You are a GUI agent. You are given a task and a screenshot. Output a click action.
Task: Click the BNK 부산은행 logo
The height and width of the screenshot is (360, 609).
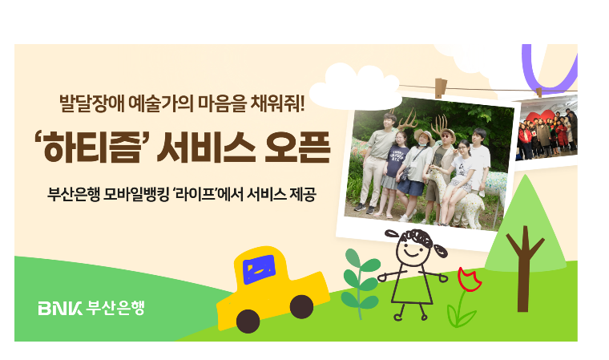pyautogui.click(x=91, y=308)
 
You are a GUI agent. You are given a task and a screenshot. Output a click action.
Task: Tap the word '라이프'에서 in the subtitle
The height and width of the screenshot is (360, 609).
pyautogui.click(x=208, y=194)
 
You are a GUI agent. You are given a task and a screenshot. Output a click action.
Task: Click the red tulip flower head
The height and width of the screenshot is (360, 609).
pyautogui.click(x=469, y=279)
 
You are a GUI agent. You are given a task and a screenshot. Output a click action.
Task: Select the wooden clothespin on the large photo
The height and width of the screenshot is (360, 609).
pyautogui.click(x=441, y=88)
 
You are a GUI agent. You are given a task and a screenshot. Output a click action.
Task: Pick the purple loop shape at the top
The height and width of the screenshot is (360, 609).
pyautogui.click(x=549, y=69)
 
